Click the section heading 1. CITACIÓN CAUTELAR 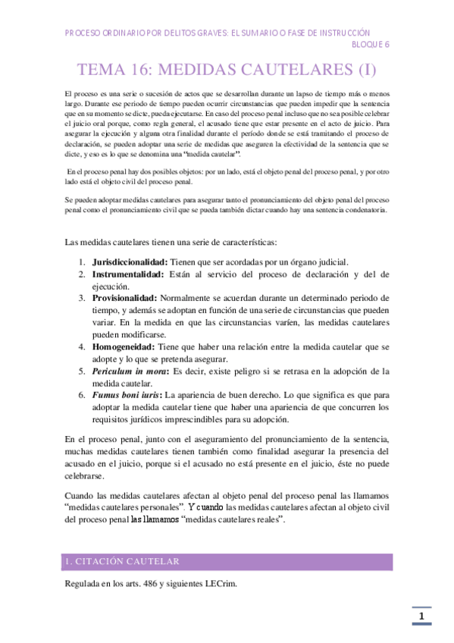[x=121, y=562]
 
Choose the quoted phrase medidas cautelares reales [x=235, y=520]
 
